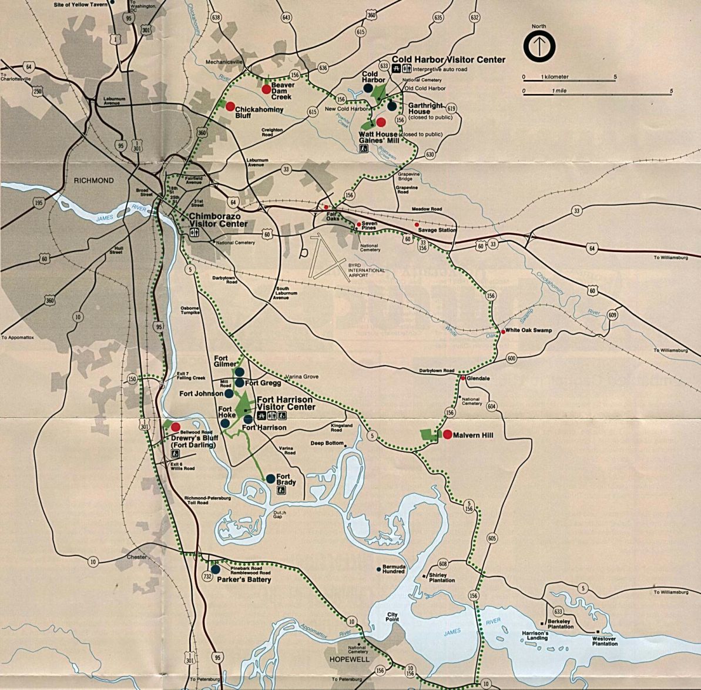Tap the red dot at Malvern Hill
(x=447, y=435)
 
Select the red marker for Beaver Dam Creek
(x=266, y=89)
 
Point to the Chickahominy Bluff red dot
(x=230, y=106)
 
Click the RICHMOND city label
(x=94, y=180)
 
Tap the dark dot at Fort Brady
(x=271, y=478)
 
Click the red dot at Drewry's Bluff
(x=176, y=427)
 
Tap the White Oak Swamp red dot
(x=503, y=331)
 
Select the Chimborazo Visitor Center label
(x=217, y=220)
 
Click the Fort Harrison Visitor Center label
(x=286, y=403)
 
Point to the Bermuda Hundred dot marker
(x=378, y=569)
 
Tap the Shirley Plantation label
(x=441, y=578)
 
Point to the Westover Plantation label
(x=605, y=641)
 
